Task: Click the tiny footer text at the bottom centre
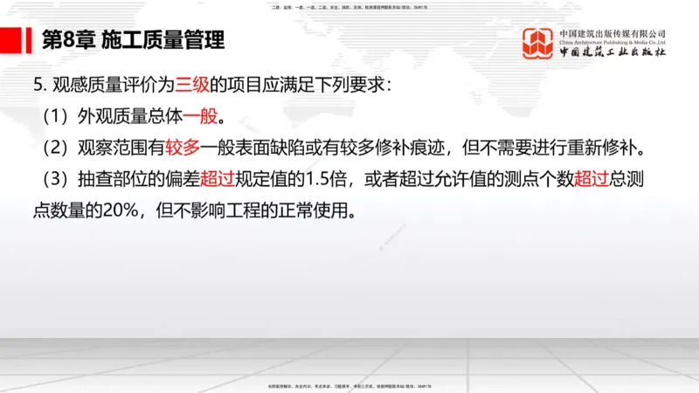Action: coord(349,385)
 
